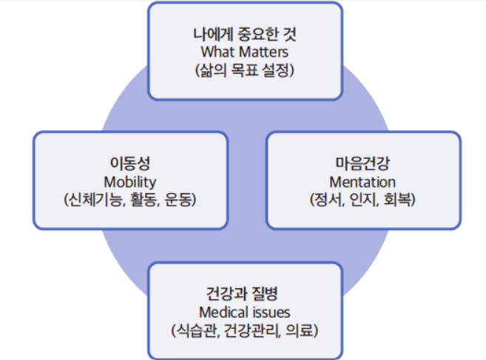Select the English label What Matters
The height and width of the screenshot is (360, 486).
pos(245,52)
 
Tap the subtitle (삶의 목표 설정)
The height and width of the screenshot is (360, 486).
pos(245,71)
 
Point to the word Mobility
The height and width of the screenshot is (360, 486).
pos(129,181)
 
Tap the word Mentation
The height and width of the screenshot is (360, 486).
pos(362,181)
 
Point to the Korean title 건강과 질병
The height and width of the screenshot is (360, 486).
pos(245,291)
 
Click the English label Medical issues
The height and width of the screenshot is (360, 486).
pos(245,310)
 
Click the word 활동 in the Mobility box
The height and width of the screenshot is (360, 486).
pos(141,200)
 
